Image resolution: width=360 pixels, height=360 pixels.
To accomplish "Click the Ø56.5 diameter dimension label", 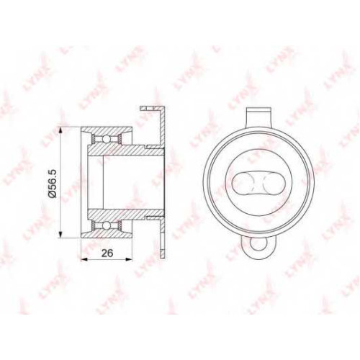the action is (53, 183).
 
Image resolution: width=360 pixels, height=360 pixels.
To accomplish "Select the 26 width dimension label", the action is (107, 253).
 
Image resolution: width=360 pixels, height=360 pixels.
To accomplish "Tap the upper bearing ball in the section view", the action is (106, 139).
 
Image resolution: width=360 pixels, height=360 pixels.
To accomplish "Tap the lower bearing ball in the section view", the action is (106, 225).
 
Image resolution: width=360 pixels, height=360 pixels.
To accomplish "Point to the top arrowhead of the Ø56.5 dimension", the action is (60, 131).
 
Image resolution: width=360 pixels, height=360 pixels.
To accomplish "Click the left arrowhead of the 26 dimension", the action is (84, 259).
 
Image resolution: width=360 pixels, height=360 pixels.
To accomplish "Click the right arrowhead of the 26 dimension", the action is (129, 259).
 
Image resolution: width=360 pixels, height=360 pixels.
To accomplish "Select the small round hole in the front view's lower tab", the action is (258, 244).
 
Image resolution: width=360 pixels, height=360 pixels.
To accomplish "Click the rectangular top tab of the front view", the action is (258, 118).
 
